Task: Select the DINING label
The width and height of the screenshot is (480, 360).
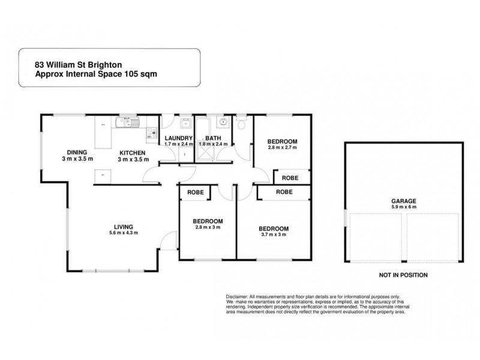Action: (x=77, y=152)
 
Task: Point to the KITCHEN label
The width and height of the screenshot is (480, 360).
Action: (x=132, y=152)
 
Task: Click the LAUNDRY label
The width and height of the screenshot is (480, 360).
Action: (x=178, y=138)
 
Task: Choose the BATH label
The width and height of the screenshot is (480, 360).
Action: (x=214, y=138)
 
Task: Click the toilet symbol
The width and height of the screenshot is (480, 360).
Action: (x=241, y=124)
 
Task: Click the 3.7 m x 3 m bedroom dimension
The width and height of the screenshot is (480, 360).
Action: (x=273, y=235)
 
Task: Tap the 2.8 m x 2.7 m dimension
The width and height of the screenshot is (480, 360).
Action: (x=281, y=147)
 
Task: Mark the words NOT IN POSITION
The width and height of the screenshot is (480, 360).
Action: (x=403, y=275)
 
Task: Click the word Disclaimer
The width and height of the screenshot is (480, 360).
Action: (x=237, y=296)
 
